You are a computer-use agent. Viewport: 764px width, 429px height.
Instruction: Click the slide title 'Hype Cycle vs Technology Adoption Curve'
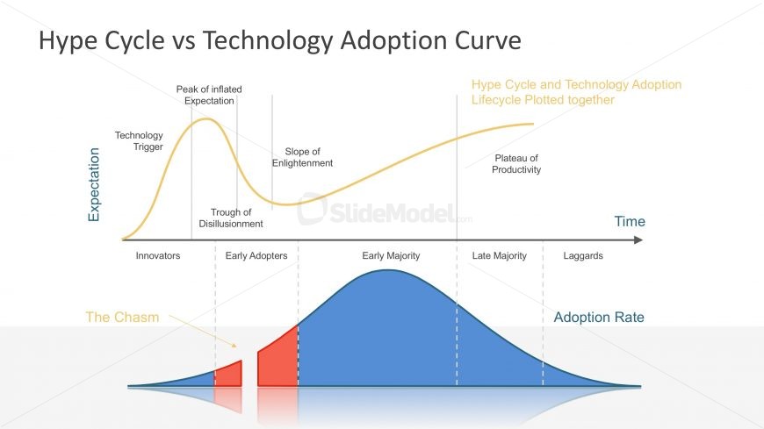pyautogui.click(x=280, y=40)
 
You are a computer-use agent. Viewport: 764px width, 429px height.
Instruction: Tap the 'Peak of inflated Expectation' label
pyautogui.click(x=209, y=95)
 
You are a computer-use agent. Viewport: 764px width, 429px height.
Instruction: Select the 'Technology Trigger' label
pyautogui.click(x=139, y=140)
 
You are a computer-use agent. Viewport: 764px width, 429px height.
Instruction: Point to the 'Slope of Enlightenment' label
pyautogui.click(x=302, y=157)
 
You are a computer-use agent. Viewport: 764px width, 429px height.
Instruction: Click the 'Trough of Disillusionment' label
pyautogui.click(x=231, y=218)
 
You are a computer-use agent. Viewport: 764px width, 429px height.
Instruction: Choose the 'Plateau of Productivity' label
pyautogui.click(x=516, y=163)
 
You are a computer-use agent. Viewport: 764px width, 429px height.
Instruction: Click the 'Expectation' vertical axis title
pyautogui.click(x=94, y=184)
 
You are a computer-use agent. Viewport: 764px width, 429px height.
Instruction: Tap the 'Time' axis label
pyautogui.click(x=630, y=222)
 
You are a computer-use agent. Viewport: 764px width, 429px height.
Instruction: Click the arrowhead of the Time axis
pyautogui.click(x=638, y=240)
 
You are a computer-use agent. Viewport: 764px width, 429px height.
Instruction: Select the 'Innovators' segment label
pyautogui.click(x=158, y=255)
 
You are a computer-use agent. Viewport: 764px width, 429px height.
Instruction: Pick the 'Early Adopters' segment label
pyautogui.click(x=256, y=255)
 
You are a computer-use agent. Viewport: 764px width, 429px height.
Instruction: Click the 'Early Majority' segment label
pyautogui.click(x=391, y=255)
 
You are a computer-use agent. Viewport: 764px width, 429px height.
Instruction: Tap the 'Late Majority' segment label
pyautogui.click(x=500, y=255)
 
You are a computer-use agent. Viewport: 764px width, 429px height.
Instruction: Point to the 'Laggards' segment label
pyautogui.click(x=583, y=255)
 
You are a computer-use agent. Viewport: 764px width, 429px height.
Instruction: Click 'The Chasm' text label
pyautogui.click(x=122, y=317)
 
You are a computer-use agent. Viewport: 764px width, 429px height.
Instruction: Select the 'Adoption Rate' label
pyautogui.click(x=599, y=317)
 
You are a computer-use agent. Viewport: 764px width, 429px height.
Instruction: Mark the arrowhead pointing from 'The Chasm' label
pyautogui.click(x=234, y=346)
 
